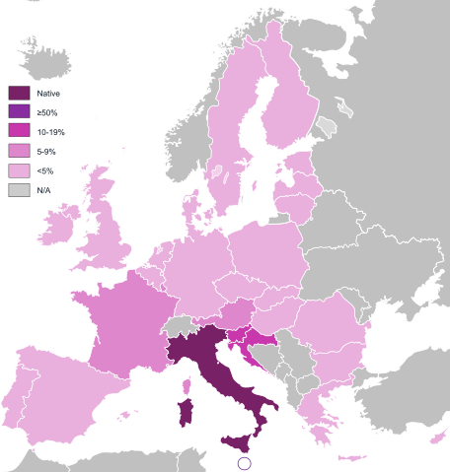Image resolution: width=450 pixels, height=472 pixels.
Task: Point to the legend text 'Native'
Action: click(x=48, y=93)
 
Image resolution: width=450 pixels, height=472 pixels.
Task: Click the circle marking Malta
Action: click(x=246, y=463)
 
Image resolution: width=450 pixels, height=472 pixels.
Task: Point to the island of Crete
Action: click(x=350, y=457)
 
